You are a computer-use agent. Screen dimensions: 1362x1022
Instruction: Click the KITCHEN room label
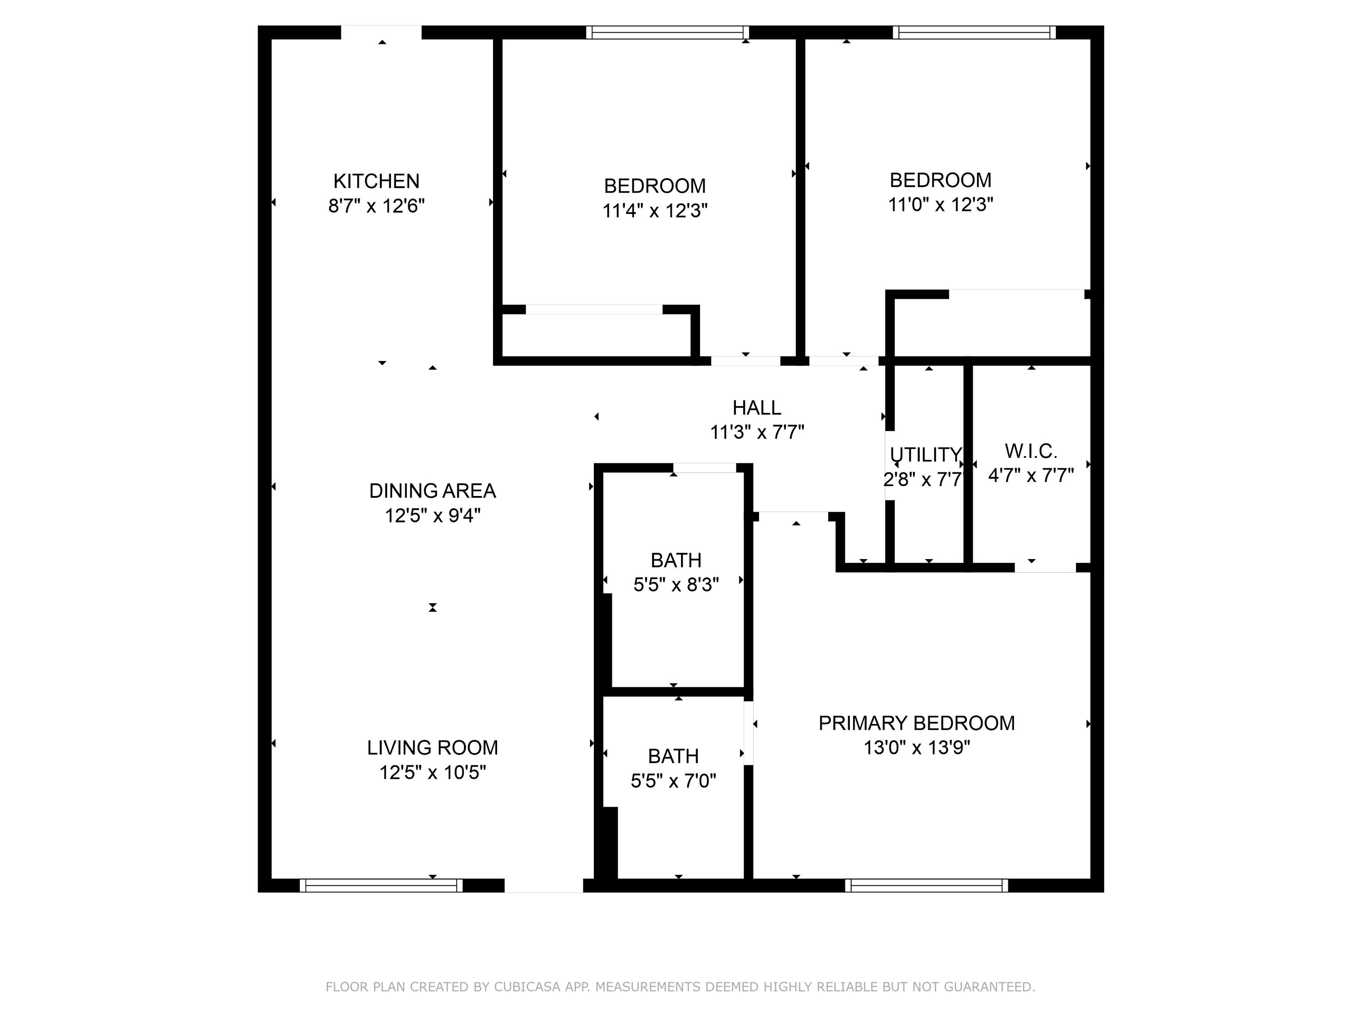click(x=376, y=181)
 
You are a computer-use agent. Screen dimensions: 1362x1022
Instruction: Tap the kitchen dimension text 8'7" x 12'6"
click(x=376, y=206)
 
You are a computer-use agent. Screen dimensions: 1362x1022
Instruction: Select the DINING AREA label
click(x=432, y=491)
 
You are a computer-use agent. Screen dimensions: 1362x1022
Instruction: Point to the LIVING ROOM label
click(x=432, y=748)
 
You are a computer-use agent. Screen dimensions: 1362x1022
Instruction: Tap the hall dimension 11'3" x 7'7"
click(x=757, y=432)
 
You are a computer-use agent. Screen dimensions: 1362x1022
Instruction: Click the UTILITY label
click(x=925, y=455)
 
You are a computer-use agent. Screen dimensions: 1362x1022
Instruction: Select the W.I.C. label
click(x=1031, y=451)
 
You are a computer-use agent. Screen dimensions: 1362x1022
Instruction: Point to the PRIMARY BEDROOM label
click(x=916, y=723)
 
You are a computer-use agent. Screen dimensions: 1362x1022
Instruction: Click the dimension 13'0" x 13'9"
click(x=916, y=748)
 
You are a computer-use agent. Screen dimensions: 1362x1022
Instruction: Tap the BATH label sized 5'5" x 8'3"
click(x=676, y=561)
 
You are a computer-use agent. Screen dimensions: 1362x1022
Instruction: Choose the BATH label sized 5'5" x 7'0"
click(x=673, y=756)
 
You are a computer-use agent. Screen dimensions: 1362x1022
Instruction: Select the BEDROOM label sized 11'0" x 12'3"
click(x=940, y=180)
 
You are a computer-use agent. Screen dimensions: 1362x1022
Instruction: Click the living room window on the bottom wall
click(x=381, y=885)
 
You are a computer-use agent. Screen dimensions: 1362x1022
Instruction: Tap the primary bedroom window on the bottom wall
click(x=927, y=885)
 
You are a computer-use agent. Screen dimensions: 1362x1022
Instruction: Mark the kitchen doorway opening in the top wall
click(x=381, y=32)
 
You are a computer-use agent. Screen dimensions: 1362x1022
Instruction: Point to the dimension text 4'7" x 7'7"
click(x=1031, y=476)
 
